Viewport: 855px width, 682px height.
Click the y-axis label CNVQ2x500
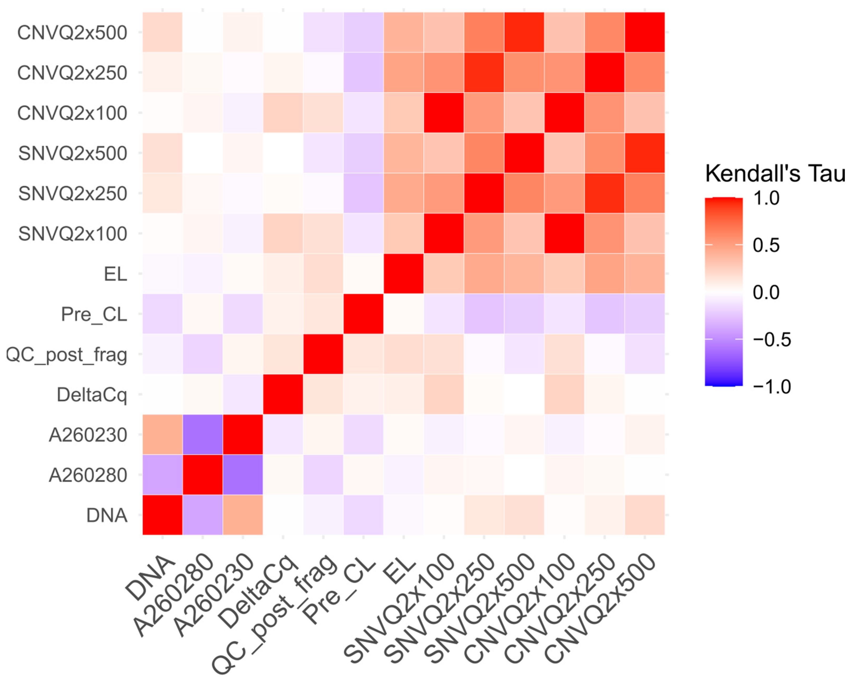tap(72, 33)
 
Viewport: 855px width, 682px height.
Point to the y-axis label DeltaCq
tap(92, 395)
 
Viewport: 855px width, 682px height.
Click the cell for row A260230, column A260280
tap(203, 435)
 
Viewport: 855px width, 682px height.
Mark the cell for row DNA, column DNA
tap(162, 515)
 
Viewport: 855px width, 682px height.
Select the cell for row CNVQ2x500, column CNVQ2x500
tap(645, 33)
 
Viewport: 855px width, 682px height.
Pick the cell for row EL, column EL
tap(404, 274)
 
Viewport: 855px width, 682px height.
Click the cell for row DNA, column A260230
tap(243, 515)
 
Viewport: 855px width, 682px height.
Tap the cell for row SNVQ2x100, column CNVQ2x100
tap(564, 233)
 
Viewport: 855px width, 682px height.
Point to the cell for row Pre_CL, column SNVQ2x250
tap(484, 314)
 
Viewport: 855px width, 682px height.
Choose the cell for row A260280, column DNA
tap(162, 475)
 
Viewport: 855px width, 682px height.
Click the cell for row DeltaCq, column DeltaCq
tap(283, 395)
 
